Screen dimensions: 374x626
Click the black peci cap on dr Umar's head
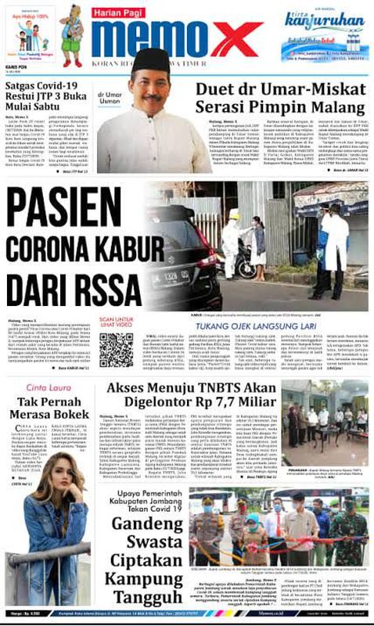pyautogui.click(x=151, y=59)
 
